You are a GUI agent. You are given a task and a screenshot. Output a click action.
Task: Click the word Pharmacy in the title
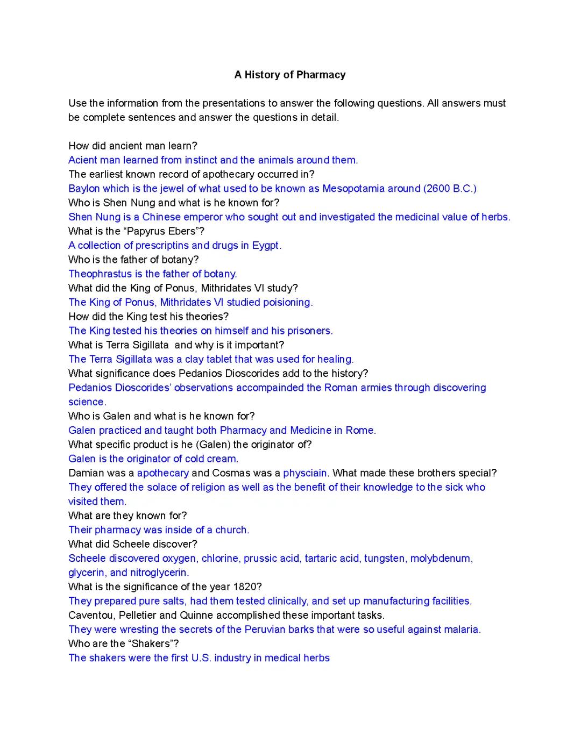tap(321, 75)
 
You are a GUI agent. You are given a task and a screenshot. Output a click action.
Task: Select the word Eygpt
tap(266, 246)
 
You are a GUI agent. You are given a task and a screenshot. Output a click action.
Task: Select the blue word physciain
tap(306, 473)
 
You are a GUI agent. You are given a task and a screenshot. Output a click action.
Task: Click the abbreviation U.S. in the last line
tap(201, 658)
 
